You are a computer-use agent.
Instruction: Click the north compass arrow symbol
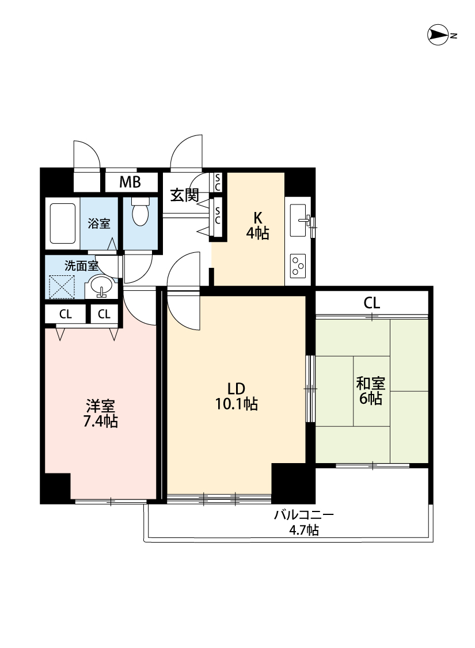pyautogui.click(x=438, y=35)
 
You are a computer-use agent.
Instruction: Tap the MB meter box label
pyautogui.click(x=130, y=182)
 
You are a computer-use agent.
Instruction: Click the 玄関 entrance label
pyautogui.click(x=185, y=195)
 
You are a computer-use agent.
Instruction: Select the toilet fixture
pyautogui.click(x=140, y=211)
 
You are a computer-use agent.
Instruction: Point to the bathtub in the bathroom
pyautogui.click(x=62, y=223)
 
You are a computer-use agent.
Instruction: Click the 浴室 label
pyautogui.click(x=99, y=223)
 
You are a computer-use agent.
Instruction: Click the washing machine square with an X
pyautogui.click(x=62, y=286)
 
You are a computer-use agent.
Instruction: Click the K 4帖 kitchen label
pyautogui.click(x=258, y=226)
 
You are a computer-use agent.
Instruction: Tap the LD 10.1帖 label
pyautogui.click(x=237, y=396)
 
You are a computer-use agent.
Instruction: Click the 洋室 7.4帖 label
pyautogui.click(x=100, y=414)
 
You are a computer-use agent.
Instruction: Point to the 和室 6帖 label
pyautogui.click(x=371, y=391)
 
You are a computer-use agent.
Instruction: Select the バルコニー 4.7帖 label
pyautogui.click(x=304, y=522)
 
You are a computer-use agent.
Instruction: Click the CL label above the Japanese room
pyautogui.click(x=371, y=304)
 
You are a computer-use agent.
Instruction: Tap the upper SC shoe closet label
pyautogui.click(x=217, y=182)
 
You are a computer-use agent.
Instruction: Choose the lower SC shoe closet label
pyautogui.click(x=217, y=215)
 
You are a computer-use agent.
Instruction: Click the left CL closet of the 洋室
pyautogui.click(x=65, y=314)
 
